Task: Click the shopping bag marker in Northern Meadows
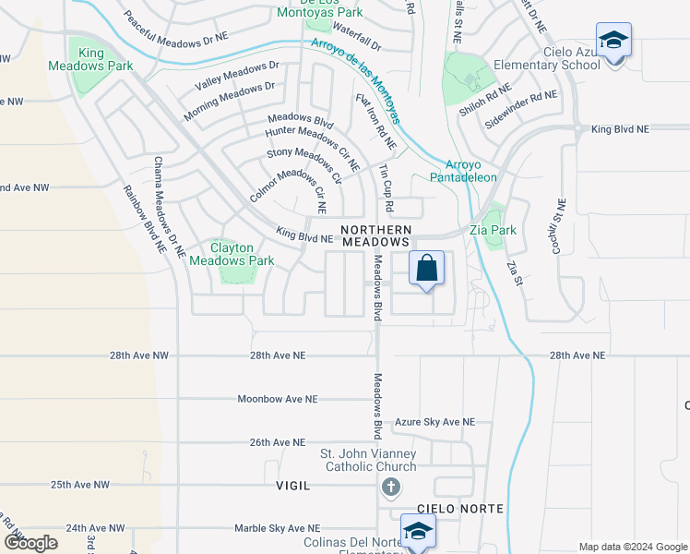tap(426, 270)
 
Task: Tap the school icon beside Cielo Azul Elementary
tap(613, 42)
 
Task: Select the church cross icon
tap(390, 487)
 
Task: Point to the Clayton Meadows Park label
tap(232, 254)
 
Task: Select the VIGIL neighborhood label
tap(292, 485)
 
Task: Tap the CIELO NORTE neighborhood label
tap(446, 509)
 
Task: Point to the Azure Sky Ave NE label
tap(434, 422)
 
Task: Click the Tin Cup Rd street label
tap(385, 188)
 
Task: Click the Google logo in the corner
tap(30, 542)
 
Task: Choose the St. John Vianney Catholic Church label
tap(368, 460)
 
